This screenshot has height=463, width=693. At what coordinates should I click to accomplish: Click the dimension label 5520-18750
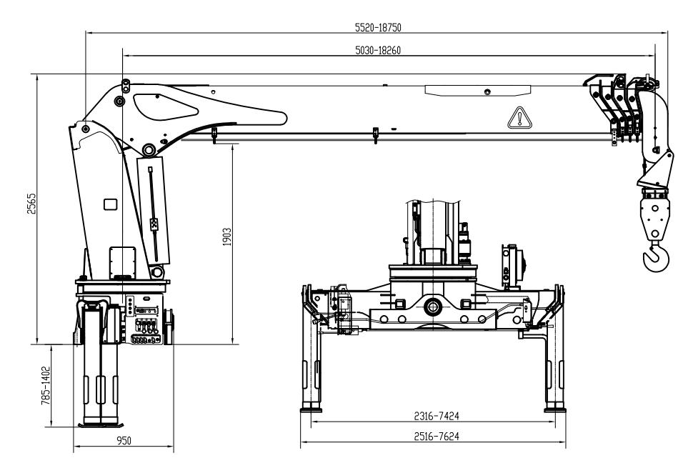(x=378, y=27)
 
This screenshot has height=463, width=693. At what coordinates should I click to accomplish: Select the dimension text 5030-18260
(x=378, y=51)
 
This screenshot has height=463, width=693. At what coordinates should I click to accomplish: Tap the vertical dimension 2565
(x=31, y=204)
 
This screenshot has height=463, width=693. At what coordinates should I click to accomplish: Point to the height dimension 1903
(x=226, y=237)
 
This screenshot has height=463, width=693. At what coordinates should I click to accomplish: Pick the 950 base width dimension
(x=124, y=441)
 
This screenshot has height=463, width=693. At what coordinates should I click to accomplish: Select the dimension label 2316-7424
(x=437, y=416)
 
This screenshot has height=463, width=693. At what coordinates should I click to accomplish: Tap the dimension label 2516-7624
(x=437, y=437)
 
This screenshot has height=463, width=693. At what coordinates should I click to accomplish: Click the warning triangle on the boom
(x=520, y=118)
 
